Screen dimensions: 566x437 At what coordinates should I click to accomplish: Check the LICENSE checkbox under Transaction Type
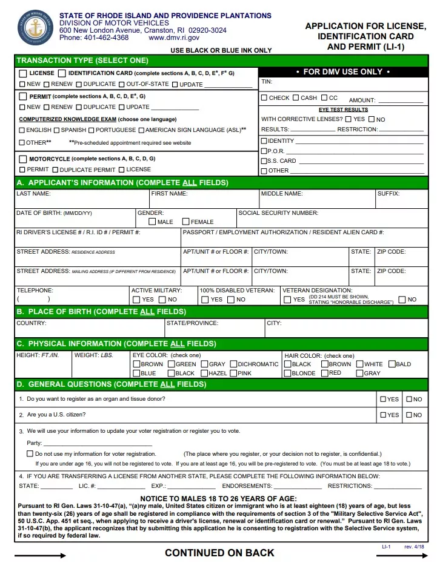23,73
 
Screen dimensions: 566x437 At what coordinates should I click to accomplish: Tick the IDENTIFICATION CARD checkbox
62,73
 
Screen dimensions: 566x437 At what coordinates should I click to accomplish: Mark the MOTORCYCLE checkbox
23,159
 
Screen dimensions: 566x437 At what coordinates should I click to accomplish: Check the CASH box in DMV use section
296,98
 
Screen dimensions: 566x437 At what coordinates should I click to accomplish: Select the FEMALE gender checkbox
185,222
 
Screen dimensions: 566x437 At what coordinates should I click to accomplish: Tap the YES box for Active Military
136,300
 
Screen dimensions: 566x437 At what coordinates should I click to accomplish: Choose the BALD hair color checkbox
391,364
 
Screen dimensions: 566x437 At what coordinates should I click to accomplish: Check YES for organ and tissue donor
383,400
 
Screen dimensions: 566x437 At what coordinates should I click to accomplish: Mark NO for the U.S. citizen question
409,415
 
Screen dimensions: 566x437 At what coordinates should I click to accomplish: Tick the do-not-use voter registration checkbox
30,453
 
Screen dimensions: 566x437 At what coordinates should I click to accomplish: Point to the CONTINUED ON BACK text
219,553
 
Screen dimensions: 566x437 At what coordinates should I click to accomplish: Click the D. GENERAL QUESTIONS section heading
112,384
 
